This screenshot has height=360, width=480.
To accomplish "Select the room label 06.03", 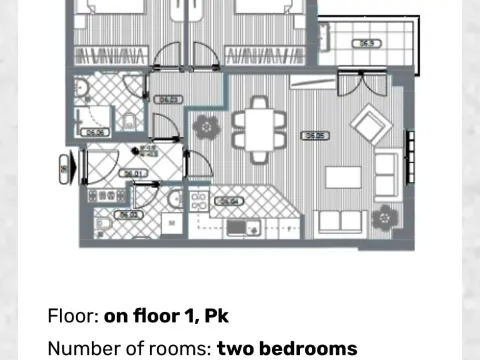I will click(169, 99).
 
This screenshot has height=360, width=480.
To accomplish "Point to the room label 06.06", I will click(96, 131).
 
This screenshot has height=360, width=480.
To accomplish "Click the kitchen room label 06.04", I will click(229, 200).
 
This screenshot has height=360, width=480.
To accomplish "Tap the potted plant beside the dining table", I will click(207, 126).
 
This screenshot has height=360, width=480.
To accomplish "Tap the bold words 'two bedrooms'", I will click(287, 348).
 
